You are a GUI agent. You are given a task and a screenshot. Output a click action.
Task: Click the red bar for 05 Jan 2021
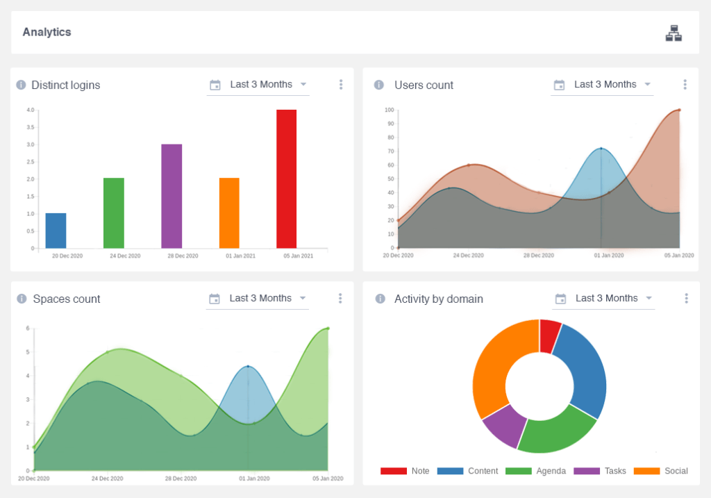click(286, 179)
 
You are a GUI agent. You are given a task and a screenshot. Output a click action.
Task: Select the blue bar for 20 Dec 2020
click(56, 231)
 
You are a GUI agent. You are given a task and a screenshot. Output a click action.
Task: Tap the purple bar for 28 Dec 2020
click(172, 196)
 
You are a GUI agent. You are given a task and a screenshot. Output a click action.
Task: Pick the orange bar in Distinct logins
click(229, 213)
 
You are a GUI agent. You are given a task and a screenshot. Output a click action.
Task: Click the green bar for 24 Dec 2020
click(114, 213)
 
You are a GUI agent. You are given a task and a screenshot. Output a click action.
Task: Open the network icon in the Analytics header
click(673, 33)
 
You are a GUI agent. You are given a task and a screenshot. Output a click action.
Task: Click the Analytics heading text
click(47, 32)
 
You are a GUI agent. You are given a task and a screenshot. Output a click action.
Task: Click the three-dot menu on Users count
click(685, 85)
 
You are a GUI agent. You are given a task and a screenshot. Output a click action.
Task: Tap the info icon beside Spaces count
click(21, 299)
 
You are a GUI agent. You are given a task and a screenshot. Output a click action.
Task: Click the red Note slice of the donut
click(549, 335)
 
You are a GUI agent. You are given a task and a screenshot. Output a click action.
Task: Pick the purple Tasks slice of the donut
click(503, 424)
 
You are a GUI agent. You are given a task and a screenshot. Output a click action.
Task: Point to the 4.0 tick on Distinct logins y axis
click(30, 110)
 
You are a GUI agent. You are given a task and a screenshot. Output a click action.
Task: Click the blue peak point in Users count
click(601, 149)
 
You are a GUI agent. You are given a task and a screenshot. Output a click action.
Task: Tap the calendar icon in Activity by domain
click(559, 299)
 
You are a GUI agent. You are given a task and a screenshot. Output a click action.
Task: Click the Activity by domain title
click(439, 299)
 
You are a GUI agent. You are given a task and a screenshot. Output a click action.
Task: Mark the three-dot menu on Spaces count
click(340, 299)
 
